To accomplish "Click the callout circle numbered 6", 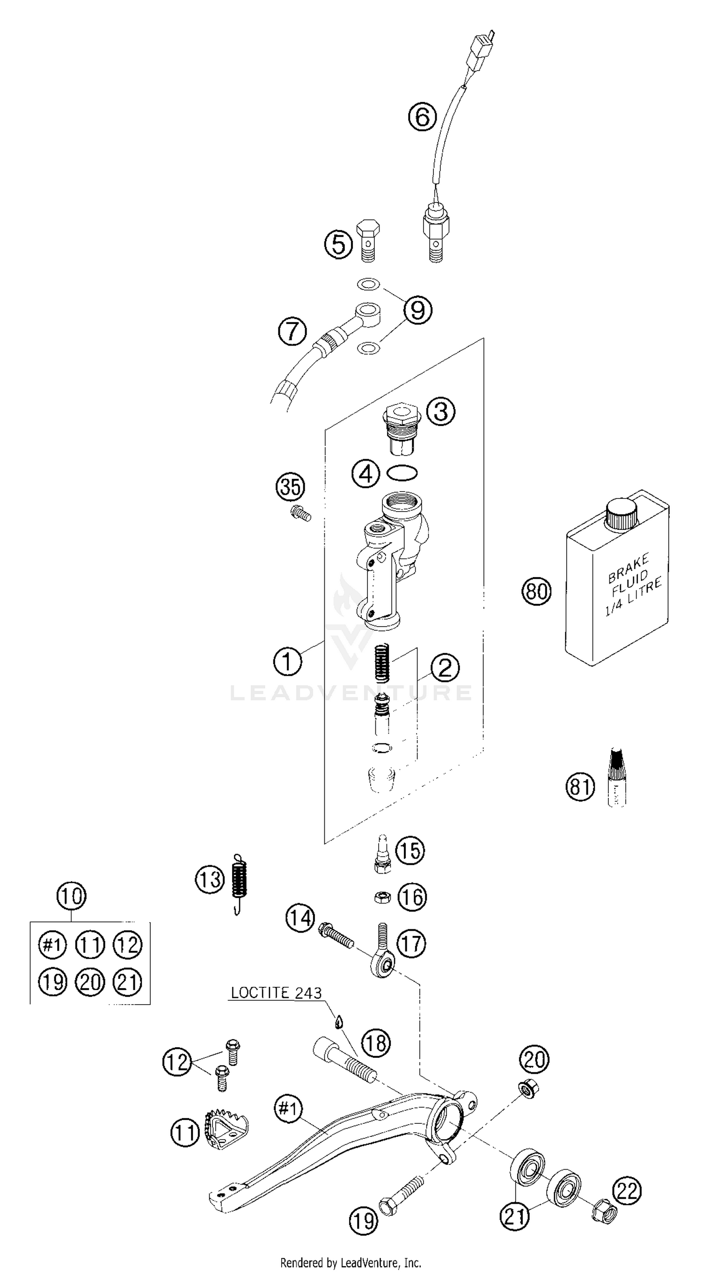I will (422, 117).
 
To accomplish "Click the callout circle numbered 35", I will (290, 487).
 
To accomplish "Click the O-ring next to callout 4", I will (402, 473).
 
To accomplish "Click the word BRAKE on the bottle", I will (628, 568).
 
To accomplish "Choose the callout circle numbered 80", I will (536, 591).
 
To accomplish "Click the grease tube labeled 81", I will (616, 777).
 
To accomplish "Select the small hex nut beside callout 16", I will (383, 897).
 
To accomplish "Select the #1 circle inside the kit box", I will (52, 945).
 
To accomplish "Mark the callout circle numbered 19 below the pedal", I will (363, 1221).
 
